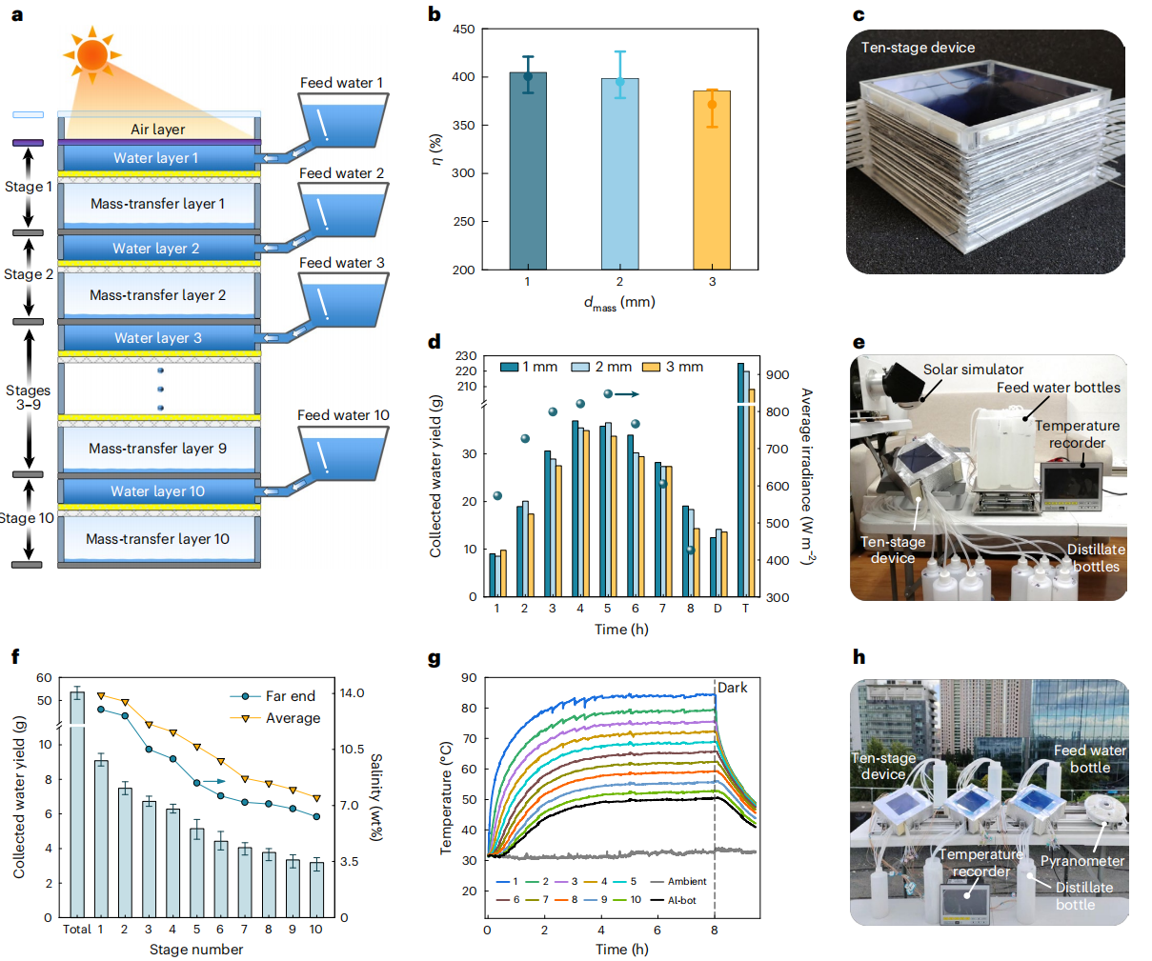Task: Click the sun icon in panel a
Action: (x=92, y=54)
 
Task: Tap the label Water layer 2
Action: (x=156, y=249)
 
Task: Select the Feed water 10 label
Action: (x=343, y=415)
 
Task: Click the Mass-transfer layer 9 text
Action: (x=157, y=449)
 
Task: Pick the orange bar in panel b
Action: (x=712, y=180)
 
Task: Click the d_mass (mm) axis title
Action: (x=619, y=303)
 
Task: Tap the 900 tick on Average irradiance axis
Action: (x=778, y=375)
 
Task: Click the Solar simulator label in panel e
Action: (x=973, y=370)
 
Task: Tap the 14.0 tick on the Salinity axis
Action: (x=353, y=692)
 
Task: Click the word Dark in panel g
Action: (x=733, y=688)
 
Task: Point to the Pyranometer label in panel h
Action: (x=1081, y=861)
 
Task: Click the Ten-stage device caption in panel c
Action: (x=918, y=48)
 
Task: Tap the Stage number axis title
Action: (x=196, y=950)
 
